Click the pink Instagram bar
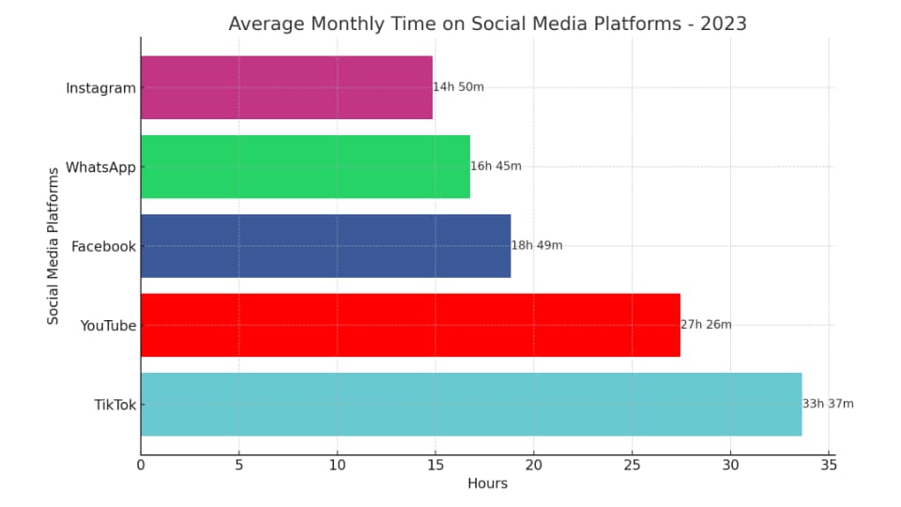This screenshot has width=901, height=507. click(x=286, y=87)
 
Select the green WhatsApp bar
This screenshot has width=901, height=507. click(x=305, y=166)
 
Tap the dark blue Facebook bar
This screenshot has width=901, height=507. click(x=326, y=245)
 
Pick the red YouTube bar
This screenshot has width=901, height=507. click(x=410, y=325)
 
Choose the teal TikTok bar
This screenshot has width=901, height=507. click(x=471, y=404)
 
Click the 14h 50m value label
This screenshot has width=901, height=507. click(x=459, y=87)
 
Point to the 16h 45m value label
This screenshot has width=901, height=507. click(x=496, y=166)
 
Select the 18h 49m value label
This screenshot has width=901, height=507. click(x=537, y=245)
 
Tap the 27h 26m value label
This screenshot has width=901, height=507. click(x=706, y=325)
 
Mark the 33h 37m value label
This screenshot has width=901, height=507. click(x=828, y=404)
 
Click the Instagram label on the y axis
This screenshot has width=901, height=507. click(x=100, y=88)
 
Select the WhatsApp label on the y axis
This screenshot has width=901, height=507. click(x=99, y=167)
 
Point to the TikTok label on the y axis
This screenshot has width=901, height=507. click(x=115, y=405)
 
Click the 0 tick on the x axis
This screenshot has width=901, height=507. click(x=141, y=464)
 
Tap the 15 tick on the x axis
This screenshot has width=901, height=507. click(x=435, y=464)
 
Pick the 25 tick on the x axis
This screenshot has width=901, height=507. click(x=632, y=464)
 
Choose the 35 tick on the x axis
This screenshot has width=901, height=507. click(x=828, y=464)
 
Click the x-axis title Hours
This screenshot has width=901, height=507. click(x=487, y=484)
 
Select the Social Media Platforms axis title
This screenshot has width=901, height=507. click(x=53, y=246)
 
